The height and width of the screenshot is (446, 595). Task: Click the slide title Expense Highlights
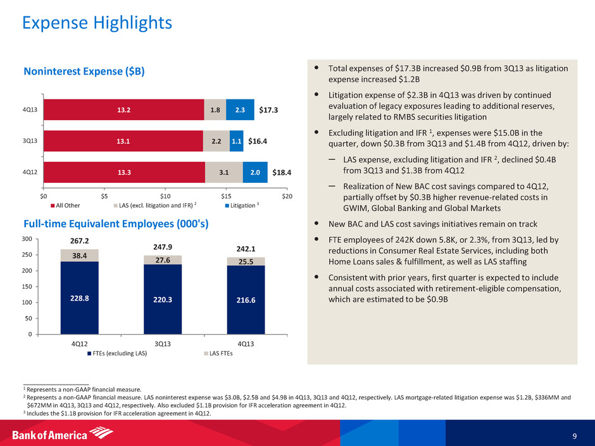(97, 23)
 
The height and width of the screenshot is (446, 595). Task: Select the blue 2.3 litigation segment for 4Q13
(240, 110)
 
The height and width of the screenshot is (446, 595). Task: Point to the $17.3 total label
(269, 110)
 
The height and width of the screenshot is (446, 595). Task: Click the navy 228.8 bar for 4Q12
(79, 297)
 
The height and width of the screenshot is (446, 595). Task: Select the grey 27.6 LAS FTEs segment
(163, 259)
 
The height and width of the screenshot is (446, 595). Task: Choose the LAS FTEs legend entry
(216, 354)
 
